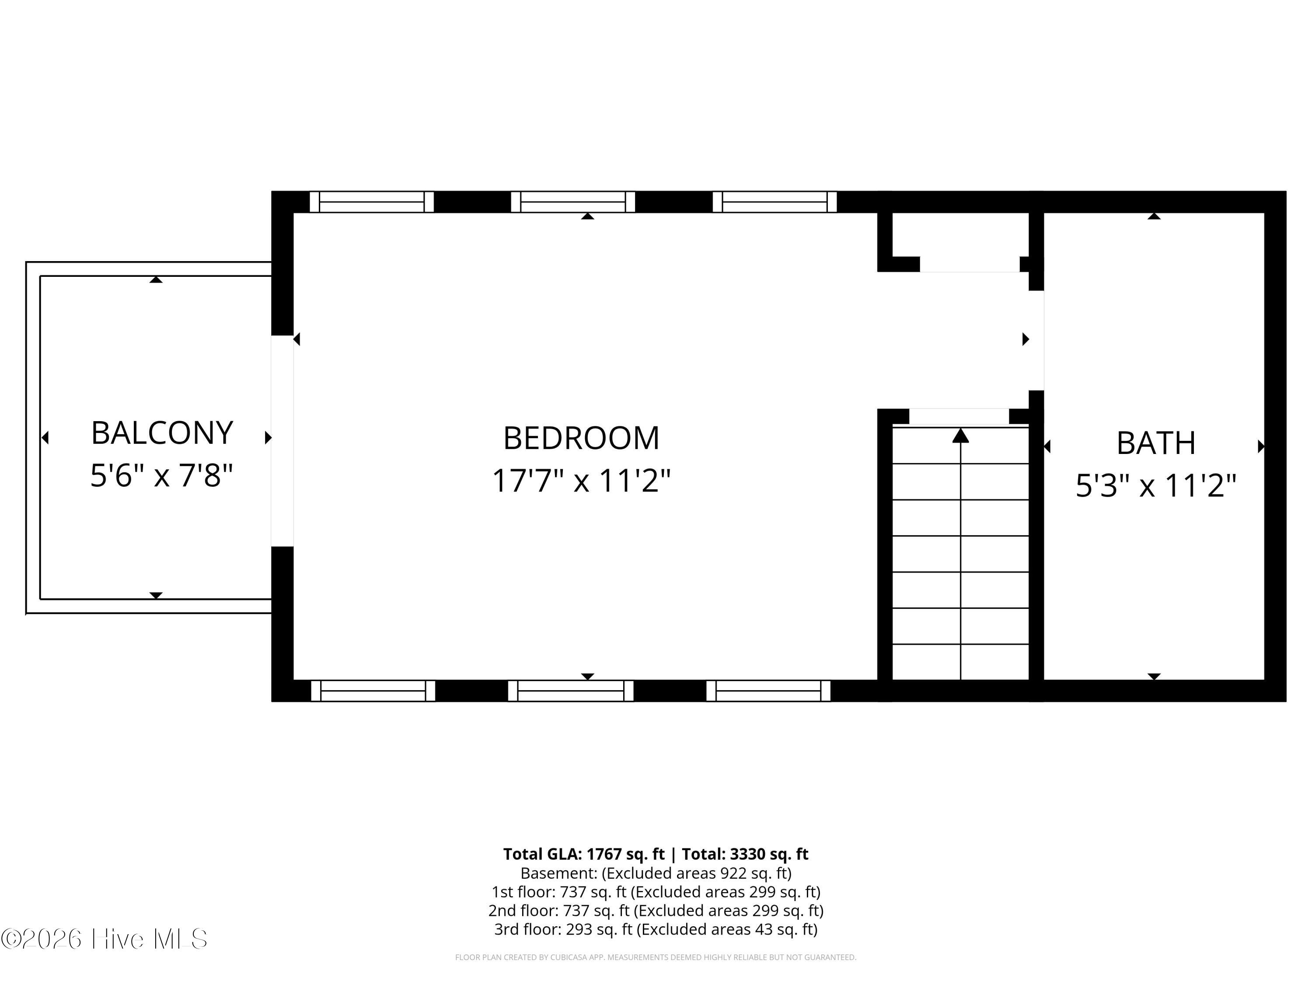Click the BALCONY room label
tap(162, 433)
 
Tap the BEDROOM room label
tap(581, 438)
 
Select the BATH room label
tap(1156, 443)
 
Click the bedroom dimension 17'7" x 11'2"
tap(581, 481)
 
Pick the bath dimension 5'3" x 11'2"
tap(1156, 486)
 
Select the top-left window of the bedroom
tap(372, 202)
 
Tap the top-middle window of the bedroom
tap(573, 202)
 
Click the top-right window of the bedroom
tap(775, 202)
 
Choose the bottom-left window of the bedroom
tap(373, 691)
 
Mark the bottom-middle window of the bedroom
tap(571, 691)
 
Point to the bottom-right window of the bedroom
tap(768, 691)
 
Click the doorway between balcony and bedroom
tap(283, 441)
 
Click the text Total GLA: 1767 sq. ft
tap(584, 854)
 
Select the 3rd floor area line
tap(656, 929)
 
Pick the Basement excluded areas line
tap(656, 872)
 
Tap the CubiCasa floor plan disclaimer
tap(656, 957)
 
